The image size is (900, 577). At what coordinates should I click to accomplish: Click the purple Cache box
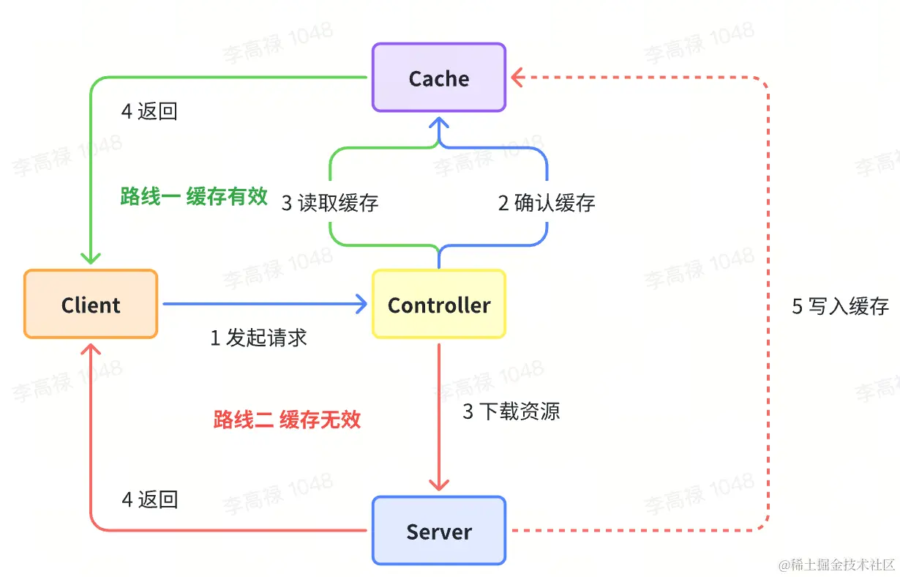click(439, 78)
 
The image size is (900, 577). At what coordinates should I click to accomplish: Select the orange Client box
click(91, 305)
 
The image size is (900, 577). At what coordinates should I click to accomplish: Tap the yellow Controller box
click(439, 305)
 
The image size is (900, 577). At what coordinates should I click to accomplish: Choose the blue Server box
click(439, 531)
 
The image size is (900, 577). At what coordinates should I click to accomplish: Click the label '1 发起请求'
click(259, 338)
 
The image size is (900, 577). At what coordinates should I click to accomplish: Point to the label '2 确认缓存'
click(547, 203)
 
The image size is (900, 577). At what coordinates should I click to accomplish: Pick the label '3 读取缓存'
click(330, 203)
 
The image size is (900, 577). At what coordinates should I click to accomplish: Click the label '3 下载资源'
click(511, 412)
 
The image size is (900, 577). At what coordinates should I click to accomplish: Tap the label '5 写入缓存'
click(841, 306)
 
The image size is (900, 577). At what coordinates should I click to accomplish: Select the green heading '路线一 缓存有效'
click(194, 196)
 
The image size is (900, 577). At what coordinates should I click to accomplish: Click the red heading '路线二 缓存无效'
click(287, 420)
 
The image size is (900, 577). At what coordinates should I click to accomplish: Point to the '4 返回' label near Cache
click(149, 111)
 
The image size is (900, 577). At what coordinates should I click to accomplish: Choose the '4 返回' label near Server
click(149, 499)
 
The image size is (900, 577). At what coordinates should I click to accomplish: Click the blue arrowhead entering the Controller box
click(361, 304)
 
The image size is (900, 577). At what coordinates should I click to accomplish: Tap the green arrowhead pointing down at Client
click(91, 258)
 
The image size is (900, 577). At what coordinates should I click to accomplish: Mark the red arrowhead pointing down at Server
click(439, 485)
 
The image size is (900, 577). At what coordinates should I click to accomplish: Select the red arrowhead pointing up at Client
click(91, 350)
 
